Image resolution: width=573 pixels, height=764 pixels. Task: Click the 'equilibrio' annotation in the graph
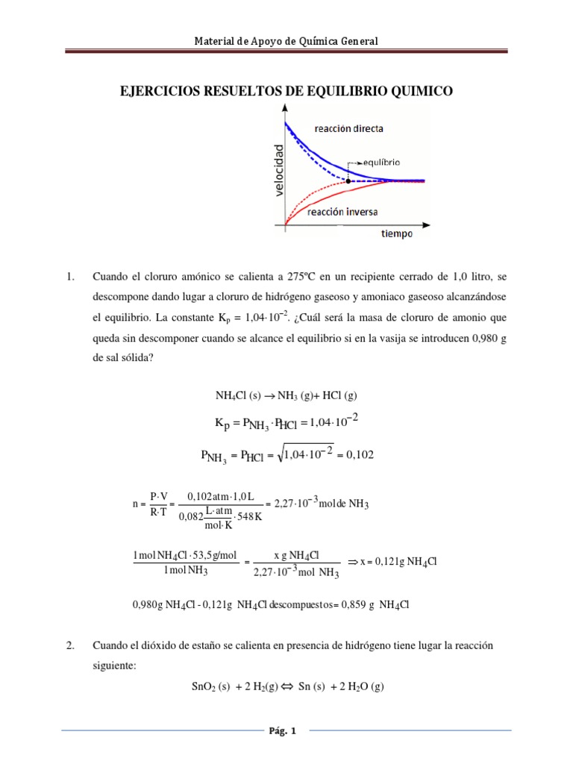[x=382, y=161]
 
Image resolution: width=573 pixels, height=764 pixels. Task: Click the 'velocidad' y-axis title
[x=278, y=170]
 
